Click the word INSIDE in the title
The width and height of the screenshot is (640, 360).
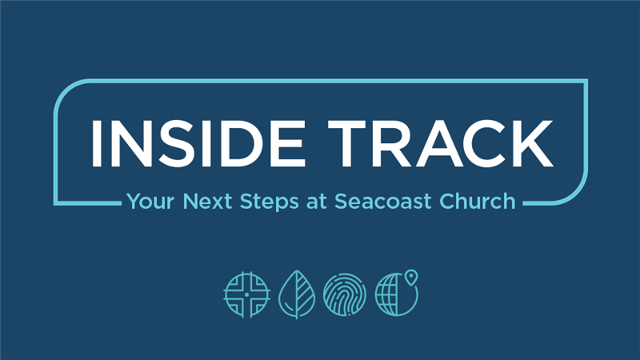pos(198,144)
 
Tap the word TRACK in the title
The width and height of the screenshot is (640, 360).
pos(441,144)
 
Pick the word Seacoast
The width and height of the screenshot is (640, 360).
pos(383,202)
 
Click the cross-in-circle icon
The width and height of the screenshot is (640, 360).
pos(247,294)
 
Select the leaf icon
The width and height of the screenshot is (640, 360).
pos(297,294)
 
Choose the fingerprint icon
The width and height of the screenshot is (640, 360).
pos(345,294)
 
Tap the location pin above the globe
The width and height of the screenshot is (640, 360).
pos(411,277)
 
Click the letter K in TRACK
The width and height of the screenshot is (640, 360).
pos(530,144)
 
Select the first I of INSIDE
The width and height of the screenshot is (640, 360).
pos(97,144)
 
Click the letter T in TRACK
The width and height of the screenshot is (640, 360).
pos(347,144)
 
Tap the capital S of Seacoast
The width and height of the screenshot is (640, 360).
pos(342,202)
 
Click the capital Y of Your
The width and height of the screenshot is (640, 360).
pos(134,202)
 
